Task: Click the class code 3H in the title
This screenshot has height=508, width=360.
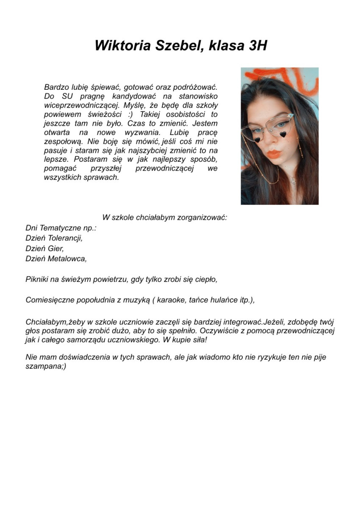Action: (255, 45)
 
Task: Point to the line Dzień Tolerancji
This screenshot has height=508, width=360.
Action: (54, 238)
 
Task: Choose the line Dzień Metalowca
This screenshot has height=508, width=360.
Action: (56, 259)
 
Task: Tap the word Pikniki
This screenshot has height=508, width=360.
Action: (37, 279)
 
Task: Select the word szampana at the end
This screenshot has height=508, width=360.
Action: (43, 367)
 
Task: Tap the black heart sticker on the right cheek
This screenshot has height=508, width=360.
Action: (281, 135)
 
